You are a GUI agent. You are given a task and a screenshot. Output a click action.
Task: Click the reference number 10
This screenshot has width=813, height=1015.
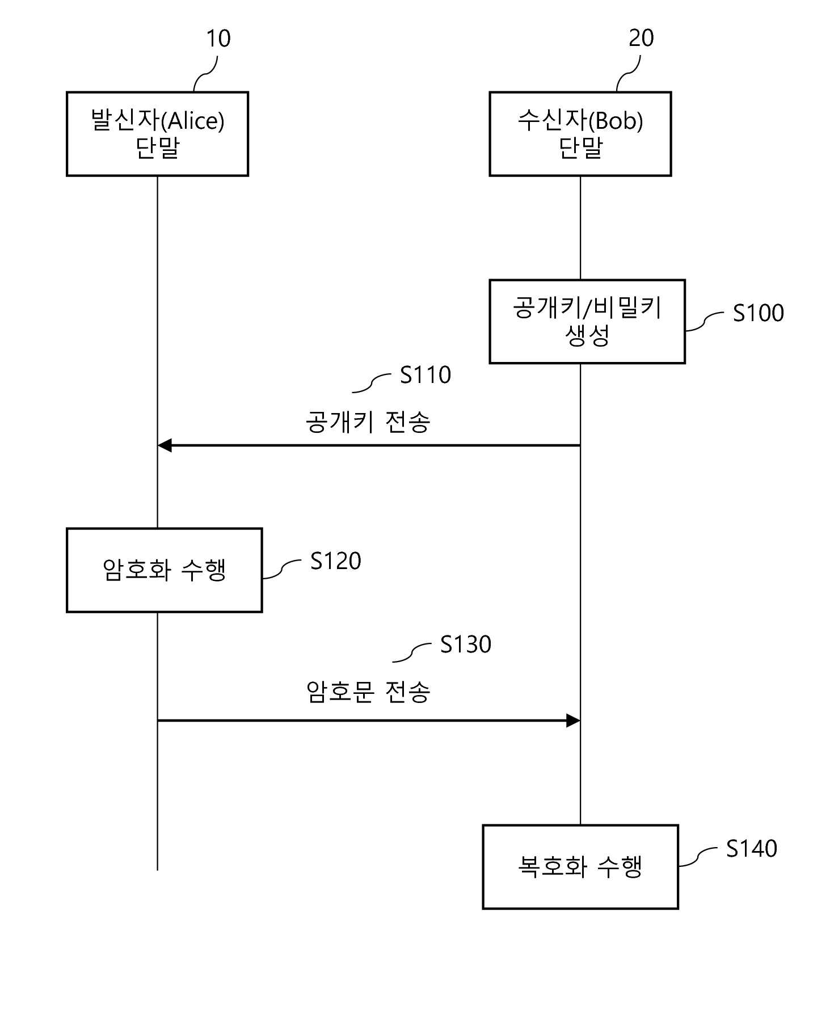click(x=218, y=39)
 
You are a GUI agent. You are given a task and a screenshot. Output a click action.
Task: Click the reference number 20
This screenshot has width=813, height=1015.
click(x=641, y=38)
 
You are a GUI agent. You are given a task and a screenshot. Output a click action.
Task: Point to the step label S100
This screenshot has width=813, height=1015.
click(x=758, y=313)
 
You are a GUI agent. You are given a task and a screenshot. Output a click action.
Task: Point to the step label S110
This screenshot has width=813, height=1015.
click(x=426, y=375)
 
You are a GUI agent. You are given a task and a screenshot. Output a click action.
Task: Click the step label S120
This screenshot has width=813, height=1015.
click(x=336, y=561)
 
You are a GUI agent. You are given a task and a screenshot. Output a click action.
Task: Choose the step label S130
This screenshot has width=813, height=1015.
click(x=466, y=645)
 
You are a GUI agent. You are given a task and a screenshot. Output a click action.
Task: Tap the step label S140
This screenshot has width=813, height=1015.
click(x=752, y=849)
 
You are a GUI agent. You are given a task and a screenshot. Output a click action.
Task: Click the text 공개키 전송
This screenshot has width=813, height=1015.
click(x=368, y=422)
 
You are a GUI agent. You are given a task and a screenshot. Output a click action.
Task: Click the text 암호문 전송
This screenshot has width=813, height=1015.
click(x=368, y=692)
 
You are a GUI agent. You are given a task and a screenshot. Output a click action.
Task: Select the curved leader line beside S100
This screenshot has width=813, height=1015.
click(x=704, y=322)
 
